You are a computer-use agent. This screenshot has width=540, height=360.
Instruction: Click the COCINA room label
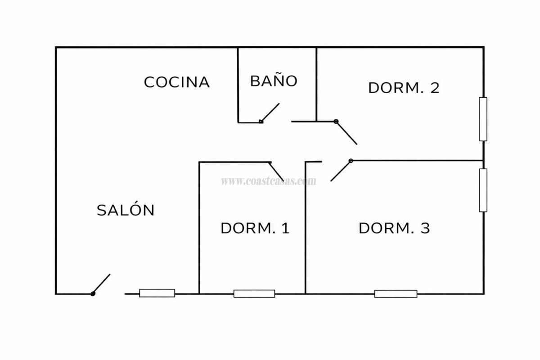[177, 82]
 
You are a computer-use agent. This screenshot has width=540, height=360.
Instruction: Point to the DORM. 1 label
[255, 228]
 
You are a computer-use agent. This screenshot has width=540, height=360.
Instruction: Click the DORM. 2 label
[404, 88]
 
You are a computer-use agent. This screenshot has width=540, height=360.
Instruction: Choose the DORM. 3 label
[394, 228]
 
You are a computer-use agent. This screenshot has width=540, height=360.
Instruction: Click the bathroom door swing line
[270, 112]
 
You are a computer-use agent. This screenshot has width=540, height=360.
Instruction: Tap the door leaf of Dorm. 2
[346, 133]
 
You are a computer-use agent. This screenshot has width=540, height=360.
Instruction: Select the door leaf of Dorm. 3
[341, 171]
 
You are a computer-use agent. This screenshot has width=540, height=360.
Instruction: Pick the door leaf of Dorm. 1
[276, 171]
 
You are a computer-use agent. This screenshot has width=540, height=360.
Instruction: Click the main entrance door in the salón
[102, 284]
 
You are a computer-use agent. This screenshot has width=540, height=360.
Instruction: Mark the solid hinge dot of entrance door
[93, 294]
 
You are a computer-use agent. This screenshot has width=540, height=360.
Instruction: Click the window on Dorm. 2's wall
[483, 119]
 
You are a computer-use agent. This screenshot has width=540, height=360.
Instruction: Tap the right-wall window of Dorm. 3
[483, 190]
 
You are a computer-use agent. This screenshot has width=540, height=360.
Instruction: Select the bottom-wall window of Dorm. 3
[396, 294]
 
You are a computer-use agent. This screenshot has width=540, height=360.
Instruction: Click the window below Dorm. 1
[254, 294]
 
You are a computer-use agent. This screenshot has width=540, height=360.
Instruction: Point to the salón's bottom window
[157, 293]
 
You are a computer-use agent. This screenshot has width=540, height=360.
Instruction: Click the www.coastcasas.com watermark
[269, 181]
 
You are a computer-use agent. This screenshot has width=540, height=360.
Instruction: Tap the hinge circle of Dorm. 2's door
[336, 121]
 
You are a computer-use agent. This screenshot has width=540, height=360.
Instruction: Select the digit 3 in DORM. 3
[425, 228]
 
